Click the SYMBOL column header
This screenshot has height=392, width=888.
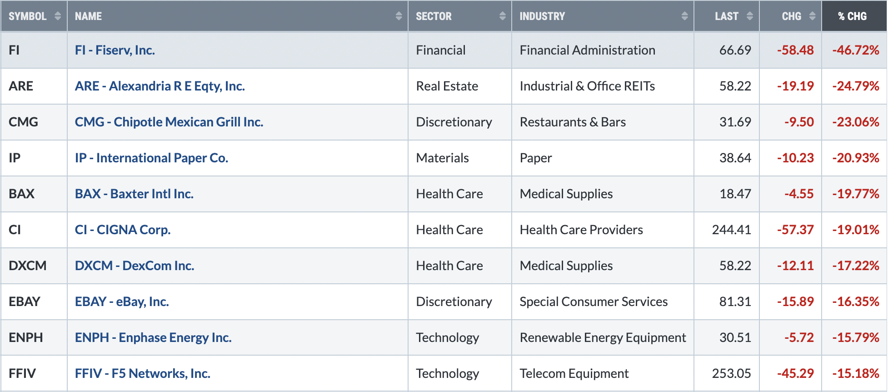(x=28, y=16)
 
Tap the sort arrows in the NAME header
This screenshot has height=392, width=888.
(x=399, y=16)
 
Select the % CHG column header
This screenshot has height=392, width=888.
(x=853, y=16)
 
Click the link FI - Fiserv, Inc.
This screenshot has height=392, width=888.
(x=115, y=50)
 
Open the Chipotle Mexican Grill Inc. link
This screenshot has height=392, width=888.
(x=169, y=122)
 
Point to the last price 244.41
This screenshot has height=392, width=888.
(x=731, y=230)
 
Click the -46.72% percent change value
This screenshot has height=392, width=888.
(x=855, y=50)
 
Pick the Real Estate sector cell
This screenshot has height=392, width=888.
(x=447, y=86)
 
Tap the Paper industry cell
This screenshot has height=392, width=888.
(x=536, y=158)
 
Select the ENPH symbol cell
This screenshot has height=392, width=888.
(x=26, y=337)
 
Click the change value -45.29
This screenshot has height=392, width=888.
(x=795, y=373)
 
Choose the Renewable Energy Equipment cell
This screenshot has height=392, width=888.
(x=603, y=337)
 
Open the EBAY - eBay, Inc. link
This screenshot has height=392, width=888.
(x=122, y=302)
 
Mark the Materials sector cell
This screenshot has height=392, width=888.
(x=442, y=158)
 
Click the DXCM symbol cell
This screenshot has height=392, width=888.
(x=28, y=266)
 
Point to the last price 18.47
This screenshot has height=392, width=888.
(x=735, y=194)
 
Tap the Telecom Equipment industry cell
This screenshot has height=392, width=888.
(x=574, y=373)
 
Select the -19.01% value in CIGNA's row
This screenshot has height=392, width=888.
(x=855, y=230)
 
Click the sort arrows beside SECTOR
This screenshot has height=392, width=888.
(x=502, y=16)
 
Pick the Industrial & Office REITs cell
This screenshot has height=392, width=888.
(x=587, y=86)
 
